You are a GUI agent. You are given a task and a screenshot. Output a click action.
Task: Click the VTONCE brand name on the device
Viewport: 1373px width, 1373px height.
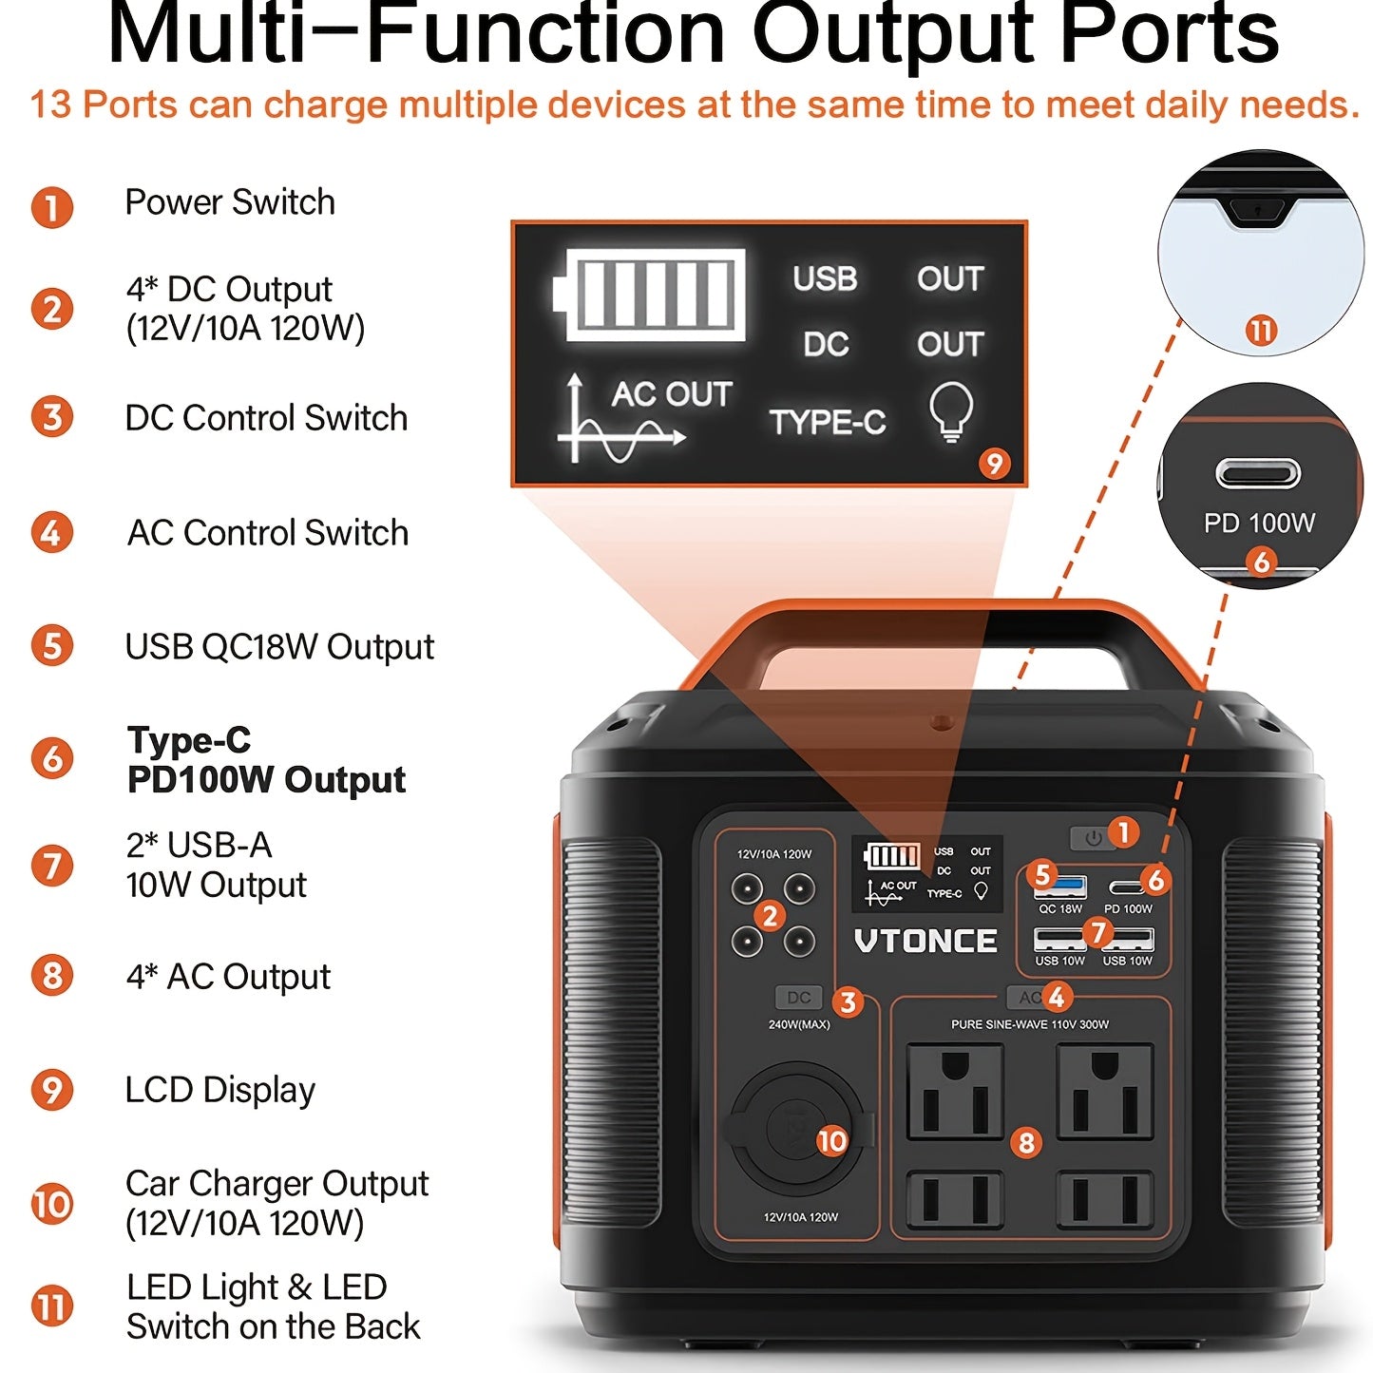(925, 941)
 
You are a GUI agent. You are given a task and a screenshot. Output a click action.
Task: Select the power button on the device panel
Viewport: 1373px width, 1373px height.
(1092, 838)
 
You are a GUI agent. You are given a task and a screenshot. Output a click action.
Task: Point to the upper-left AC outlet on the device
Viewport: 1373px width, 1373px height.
(955, 1092)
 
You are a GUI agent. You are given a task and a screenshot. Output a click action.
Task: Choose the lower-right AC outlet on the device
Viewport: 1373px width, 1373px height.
(1104, 1199)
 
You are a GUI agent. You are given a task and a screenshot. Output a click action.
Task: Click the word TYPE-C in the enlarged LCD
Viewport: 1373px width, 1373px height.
(827, 422)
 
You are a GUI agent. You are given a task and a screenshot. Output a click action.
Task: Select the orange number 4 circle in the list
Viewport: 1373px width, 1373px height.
(51, 532)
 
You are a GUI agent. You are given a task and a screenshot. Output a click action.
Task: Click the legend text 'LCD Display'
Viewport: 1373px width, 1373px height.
(219, 1090)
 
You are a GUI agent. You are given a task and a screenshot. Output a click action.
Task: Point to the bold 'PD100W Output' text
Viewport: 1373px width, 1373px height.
(266, 779)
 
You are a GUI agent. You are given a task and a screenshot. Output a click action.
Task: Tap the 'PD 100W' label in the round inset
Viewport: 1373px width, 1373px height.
(1259, 523)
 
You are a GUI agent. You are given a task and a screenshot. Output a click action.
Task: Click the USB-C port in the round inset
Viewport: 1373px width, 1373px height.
(1258, 472)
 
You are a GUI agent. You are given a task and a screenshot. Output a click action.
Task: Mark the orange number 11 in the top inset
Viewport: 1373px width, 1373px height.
(1261, 331)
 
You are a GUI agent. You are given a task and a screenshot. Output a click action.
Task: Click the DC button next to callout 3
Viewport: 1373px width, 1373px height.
(798, 998)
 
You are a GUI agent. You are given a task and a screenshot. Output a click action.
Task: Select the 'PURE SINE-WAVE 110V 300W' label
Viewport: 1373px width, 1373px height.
(1030, 1024)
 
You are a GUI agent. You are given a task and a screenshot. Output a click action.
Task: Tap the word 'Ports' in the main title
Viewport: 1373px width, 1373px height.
(1169, 34)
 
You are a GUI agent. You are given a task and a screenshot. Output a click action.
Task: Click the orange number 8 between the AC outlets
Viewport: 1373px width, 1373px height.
(1026, 1142)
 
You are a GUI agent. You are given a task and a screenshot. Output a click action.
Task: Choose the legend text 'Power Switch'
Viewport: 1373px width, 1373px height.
(230, 202)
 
